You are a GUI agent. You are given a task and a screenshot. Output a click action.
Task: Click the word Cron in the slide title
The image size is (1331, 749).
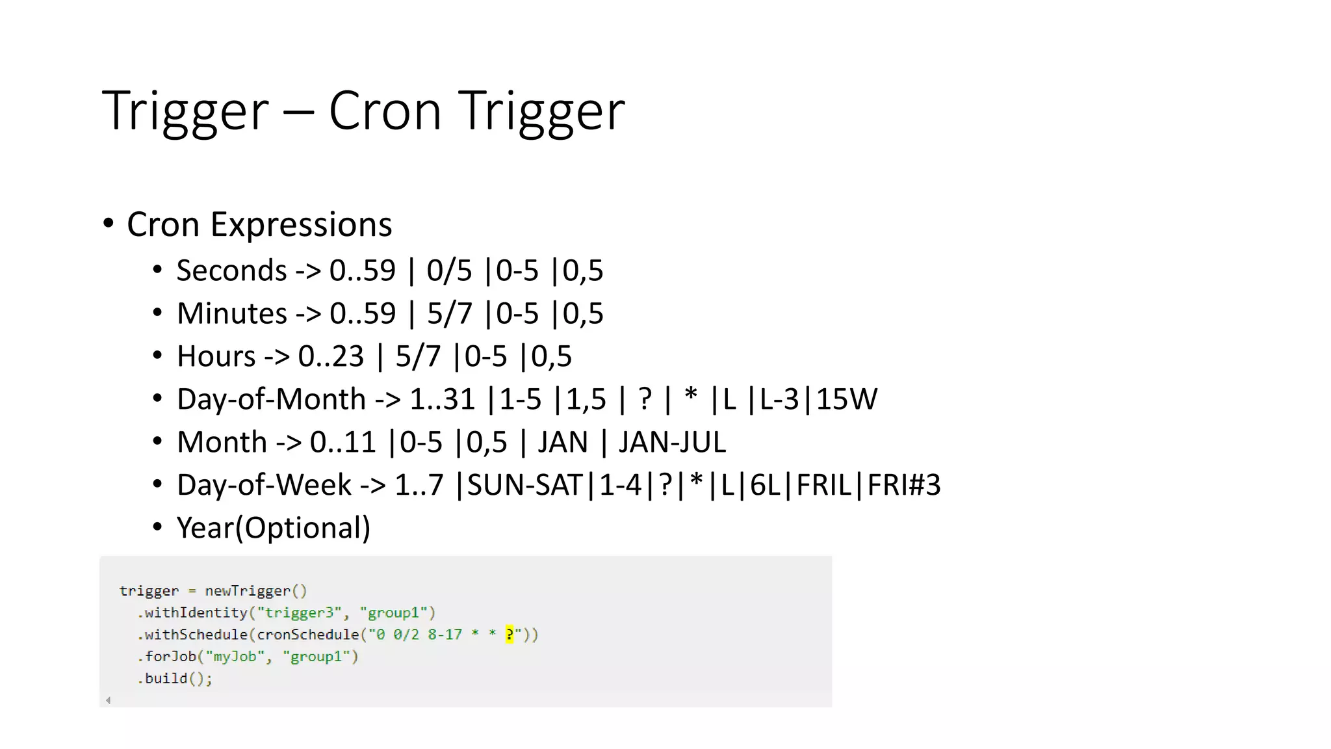click(385, 111)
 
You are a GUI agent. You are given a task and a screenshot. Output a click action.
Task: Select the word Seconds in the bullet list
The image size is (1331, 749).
click(231, 270)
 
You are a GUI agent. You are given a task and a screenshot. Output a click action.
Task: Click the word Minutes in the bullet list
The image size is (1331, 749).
click(231, 313)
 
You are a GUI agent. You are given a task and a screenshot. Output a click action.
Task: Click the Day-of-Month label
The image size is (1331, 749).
click(271, 399)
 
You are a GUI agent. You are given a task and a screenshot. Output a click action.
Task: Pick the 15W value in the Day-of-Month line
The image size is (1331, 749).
click(846, 399)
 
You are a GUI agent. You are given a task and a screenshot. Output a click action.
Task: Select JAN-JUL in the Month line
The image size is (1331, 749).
click(671, 442)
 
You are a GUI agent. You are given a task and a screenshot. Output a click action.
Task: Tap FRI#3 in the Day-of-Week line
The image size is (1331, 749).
click(904, 485)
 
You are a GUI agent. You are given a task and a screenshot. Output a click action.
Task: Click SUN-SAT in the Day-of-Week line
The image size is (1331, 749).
click(524, 485)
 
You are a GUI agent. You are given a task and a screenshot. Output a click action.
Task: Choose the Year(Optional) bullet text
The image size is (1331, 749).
click(274, 528)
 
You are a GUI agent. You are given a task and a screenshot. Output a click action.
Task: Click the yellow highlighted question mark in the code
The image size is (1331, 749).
click(510, 634)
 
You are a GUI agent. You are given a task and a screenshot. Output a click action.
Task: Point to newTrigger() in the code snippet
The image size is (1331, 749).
click(255, 591)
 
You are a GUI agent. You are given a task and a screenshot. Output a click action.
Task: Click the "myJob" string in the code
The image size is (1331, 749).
click(235, 657)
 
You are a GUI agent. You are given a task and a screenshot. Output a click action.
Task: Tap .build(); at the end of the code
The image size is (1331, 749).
click(175, 679)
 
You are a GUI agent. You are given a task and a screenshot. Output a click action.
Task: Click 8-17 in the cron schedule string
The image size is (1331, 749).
click(445, 634)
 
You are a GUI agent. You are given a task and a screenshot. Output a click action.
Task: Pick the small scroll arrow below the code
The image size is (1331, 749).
click(109, 700)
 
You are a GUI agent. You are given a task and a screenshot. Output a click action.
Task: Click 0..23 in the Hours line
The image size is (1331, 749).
click(331, 356)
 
